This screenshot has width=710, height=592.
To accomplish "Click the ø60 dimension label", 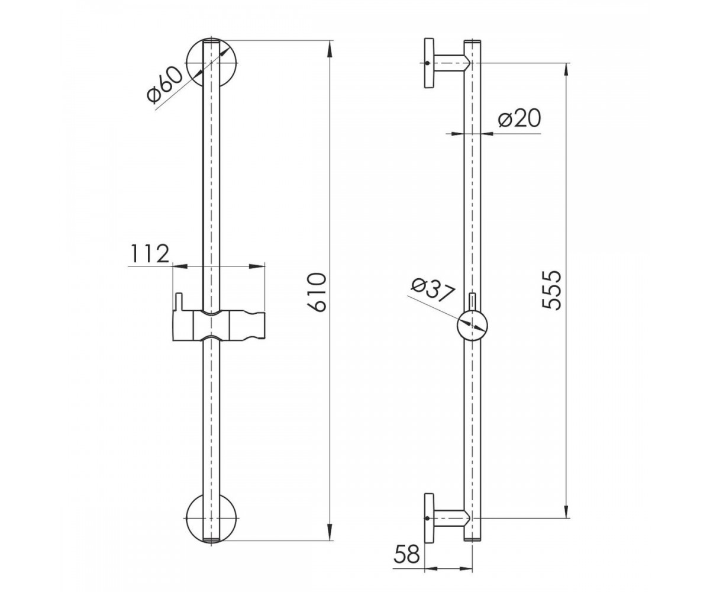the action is pyautogui.click(x=164, y=85).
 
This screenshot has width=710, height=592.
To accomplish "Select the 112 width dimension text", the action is pyautogui.click(x=150, y=253).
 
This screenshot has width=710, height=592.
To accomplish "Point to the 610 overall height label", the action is pyautogui.click(x=317, y=292).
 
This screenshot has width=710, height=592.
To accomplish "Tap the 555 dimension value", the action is pyautogui.click(x=550, y=290).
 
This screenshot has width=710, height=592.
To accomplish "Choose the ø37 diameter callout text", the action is pyautogui.click(x=432, y=288).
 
